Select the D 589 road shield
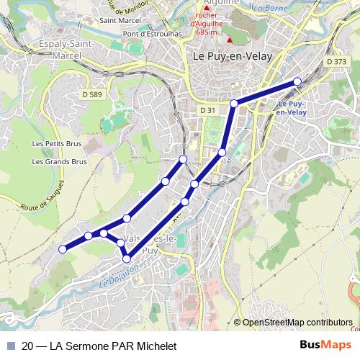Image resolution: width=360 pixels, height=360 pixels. click(x=91, y=94)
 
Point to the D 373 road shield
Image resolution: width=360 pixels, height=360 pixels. click(x=336, y=63)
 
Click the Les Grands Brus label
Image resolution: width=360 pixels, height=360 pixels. click(x=59, y=161)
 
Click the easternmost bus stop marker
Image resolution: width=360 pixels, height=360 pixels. click(x=297, y=81)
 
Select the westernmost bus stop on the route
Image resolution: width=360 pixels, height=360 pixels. click(x=63, y=249)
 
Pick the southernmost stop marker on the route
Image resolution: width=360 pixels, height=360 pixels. click(x=127, y=258)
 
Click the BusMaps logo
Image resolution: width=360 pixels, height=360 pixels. click(x=325, y=345)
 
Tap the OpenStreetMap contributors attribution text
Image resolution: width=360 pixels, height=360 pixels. click(x=297, y=323)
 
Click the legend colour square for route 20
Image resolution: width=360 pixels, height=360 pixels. click(x=10, y=346)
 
